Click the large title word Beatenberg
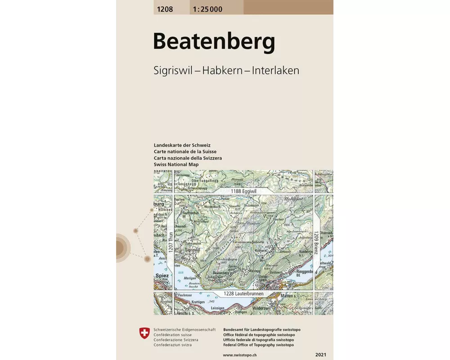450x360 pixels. click(x=214, y=42)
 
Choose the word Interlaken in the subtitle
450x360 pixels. click(x=275, y=71)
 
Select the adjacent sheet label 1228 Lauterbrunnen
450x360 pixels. click(x=243, y=294)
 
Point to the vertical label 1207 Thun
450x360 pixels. click(x=170, y=242)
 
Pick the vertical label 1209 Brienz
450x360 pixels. click(x=316, y=243)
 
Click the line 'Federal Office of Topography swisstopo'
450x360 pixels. click(x=258, y=345)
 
